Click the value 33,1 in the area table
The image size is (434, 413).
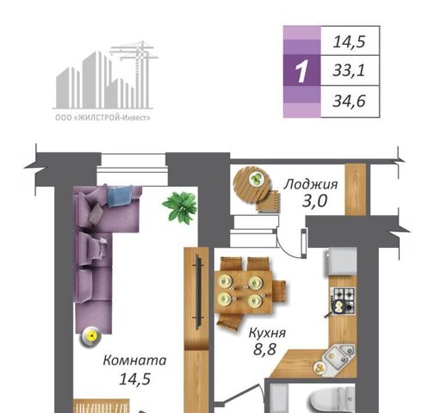coord(349,71)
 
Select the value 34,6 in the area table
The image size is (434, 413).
coord(349,102)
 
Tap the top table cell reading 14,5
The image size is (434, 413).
coord(349,42)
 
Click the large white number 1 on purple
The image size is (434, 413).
coord(301,71)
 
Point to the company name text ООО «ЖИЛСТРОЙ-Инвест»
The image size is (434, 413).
coord(102,118)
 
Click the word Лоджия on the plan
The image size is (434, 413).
coord(311,184)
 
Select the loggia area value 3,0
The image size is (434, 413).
coord(314,201)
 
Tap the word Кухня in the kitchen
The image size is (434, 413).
coord(267,333)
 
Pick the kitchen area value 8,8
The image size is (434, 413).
coord(264,349)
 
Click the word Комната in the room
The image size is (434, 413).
coord(134,360)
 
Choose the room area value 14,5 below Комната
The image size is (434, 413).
coord(134,379)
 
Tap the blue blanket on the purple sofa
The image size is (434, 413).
coord(120,196)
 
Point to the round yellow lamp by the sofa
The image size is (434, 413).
coord(90,336)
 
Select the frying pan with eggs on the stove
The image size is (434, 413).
coord(338,308)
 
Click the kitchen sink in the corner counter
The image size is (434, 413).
coord(338,355)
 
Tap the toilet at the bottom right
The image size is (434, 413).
coord(333,399)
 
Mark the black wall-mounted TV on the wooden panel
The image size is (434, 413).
coord(199,293)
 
